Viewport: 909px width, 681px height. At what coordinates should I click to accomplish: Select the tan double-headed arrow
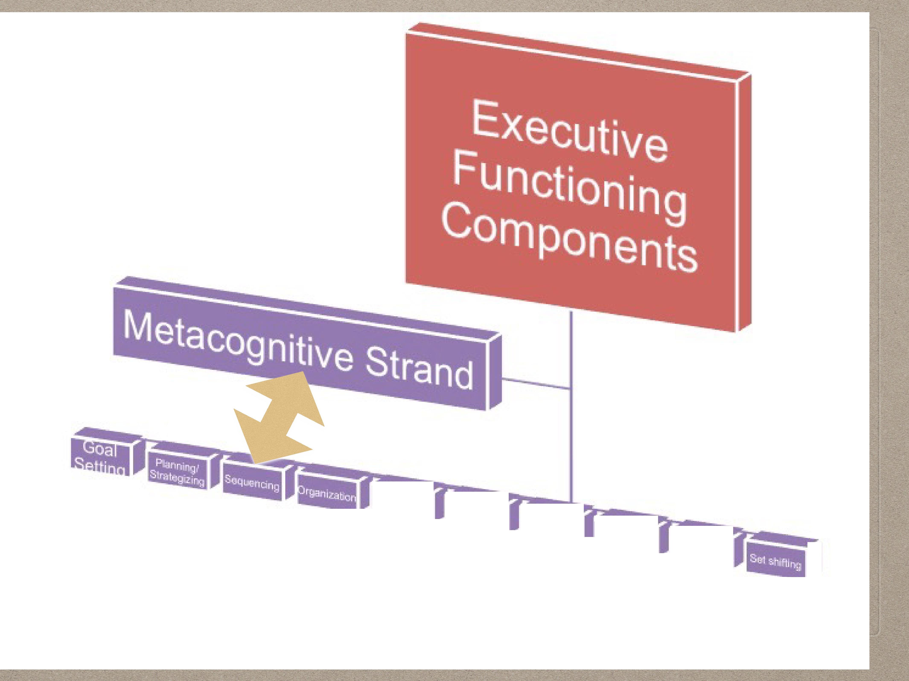coord(279,419)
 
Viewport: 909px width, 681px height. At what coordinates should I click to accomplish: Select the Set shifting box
coord(775,561)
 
